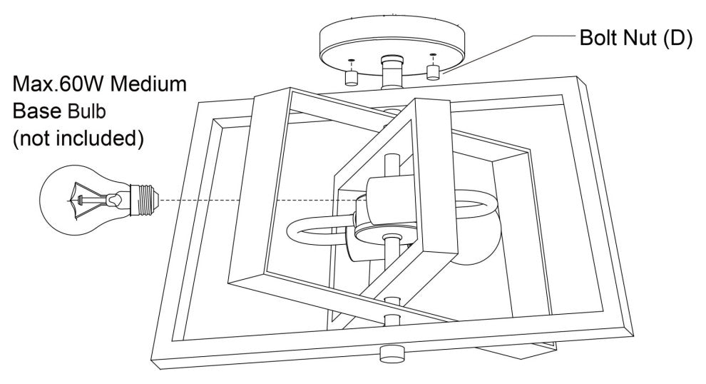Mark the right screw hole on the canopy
coord(432,55)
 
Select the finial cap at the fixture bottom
coord(391,353)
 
